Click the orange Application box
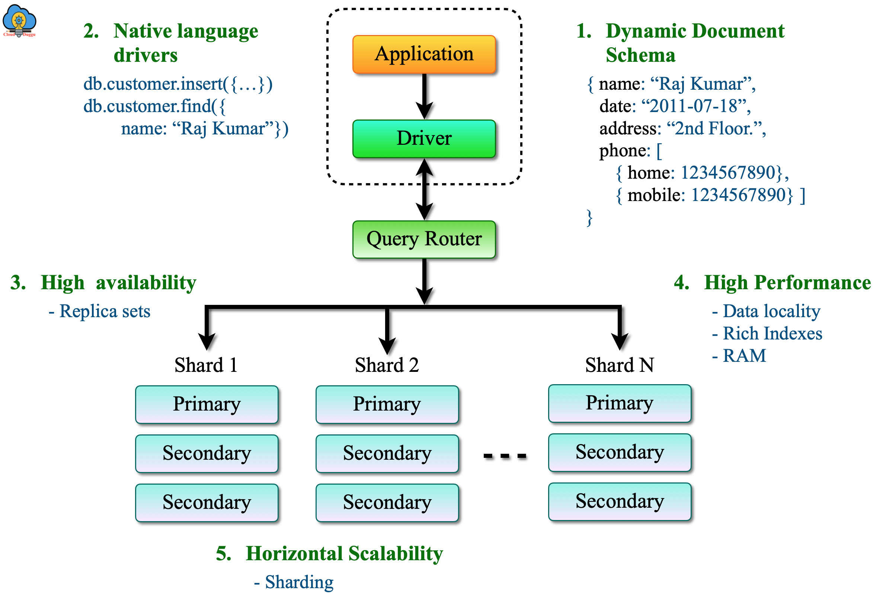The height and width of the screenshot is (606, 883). pos(424,54)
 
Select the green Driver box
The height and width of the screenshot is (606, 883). pos(424,138)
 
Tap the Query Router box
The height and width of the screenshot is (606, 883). pos(424,239)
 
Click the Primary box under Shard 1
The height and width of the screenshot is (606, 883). pos(207,405)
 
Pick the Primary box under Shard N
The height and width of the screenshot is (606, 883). pos(619,404)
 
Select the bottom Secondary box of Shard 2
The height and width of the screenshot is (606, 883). pos(387,503)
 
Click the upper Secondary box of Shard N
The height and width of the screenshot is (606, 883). pos(619,452)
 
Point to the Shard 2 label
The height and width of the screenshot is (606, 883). pos(387,365)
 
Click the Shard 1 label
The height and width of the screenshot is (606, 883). pos(206,365)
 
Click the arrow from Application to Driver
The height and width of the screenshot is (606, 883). pos(425,96)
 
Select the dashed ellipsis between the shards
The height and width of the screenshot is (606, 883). pos(505,456)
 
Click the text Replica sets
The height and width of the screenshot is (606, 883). pos(105,311)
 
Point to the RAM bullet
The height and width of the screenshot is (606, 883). pos(743,356)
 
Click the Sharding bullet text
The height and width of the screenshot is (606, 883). pos(299,582)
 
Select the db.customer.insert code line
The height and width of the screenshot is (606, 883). pos(178,84)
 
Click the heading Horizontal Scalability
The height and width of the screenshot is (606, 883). pos(344,554)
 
